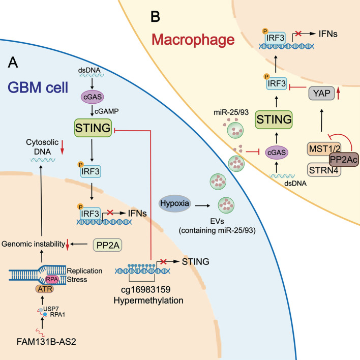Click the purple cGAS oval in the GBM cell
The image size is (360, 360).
(93, 97)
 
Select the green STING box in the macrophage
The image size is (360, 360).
(274, 119)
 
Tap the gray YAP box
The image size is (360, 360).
(321, 93)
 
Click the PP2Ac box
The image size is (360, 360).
(344, 159)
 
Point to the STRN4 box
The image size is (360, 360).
(324, 170)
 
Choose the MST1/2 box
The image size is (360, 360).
(324, 149)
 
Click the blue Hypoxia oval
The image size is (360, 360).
(175, 203)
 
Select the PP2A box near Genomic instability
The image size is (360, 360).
(108, 245)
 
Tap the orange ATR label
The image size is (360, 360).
(45, 289)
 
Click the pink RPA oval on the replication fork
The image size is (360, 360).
(52, 280)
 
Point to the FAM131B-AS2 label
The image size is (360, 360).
(46, 342)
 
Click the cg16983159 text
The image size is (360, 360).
(146, 290)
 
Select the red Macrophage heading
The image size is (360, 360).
(193, 40)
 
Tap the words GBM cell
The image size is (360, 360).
(38, 87)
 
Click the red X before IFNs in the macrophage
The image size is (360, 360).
(298, 34)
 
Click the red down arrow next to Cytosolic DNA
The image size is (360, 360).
(62, 148)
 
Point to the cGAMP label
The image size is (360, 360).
(107, 111)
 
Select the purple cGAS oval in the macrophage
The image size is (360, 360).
(277, 153)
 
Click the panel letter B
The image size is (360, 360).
(156, 17)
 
